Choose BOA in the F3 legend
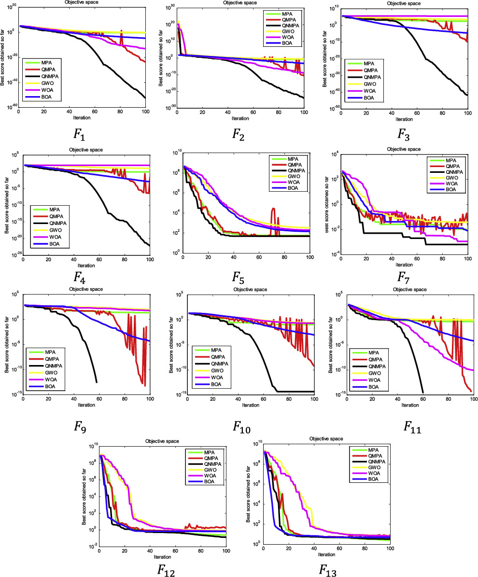click(368, 98)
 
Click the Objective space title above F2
click(240, 3)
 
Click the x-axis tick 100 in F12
click(225, 550)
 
